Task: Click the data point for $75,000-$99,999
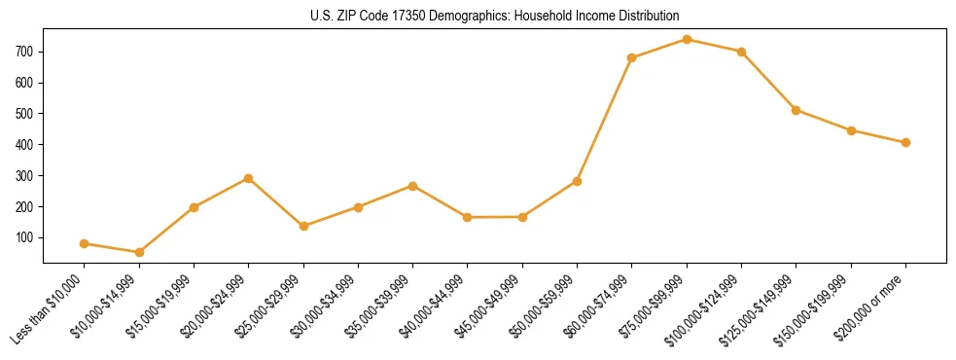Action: pyautogui.click(x=687, y=39)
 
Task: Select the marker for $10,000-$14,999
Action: pyautogui.click(x=139, y=252)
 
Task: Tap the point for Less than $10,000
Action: pyautogui.click(x=85, y=243)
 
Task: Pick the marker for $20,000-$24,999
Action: pyautogui.click(x=249, y=178)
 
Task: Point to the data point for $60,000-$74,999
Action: pyautogui.click(x=632, y=57)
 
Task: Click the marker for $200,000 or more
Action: pyautogui.click(x=905, y=142)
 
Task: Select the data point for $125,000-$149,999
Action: pyautogui.click(x=796, y=110)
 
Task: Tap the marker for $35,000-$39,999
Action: pyautogui.click(x=413, y=185)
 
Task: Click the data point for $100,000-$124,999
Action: pyautogui.click(x=741, y=52)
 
